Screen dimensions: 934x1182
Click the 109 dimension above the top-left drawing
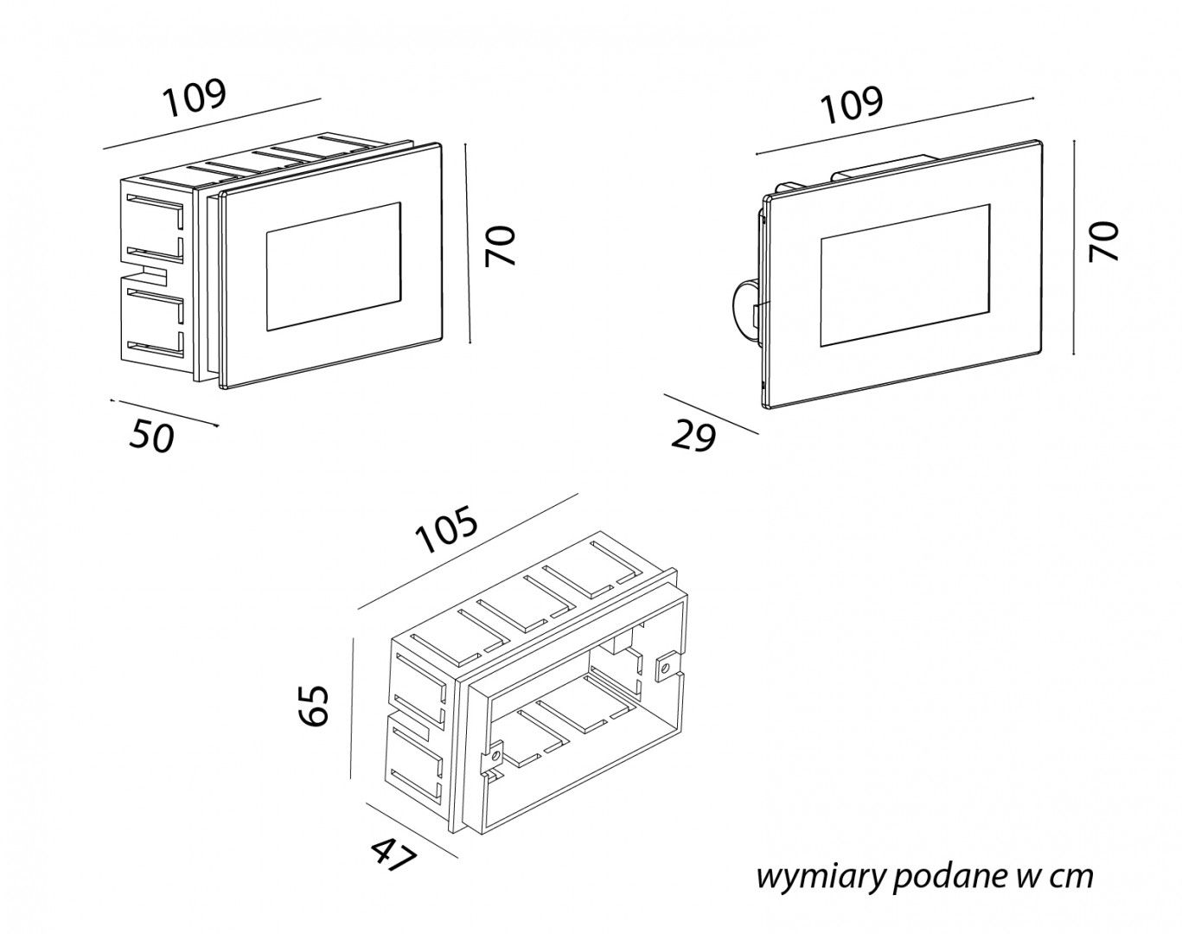point(195,99)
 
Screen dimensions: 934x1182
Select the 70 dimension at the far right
point(1103,241)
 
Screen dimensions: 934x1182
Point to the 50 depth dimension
point(152,437)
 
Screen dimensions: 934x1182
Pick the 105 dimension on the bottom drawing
point(446,532)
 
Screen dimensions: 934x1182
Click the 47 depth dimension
point(394,856)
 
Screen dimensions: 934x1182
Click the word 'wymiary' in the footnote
point(819,877)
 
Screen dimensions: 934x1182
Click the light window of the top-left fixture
point(334,267)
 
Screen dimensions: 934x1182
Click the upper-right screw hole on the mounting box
point(665,667)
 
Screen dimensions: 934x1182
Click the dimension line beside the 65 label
point(353,709)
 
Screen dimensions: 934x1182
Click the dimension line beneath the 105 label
point(467,551)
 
